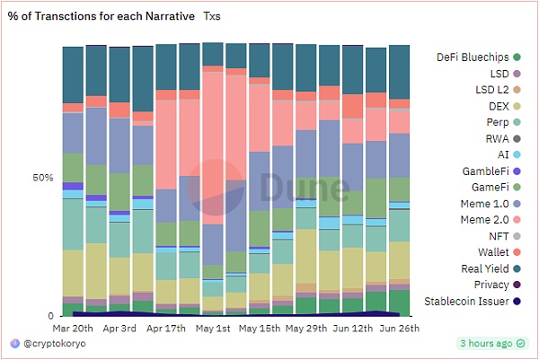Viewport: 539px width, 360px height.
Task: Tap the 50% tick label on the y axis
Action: [43, 178]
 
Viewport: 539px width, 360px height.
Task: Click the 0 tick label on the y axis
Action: [49, 316]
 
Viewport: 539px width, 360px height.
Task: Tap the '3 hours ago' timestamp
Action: [486, 343]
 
